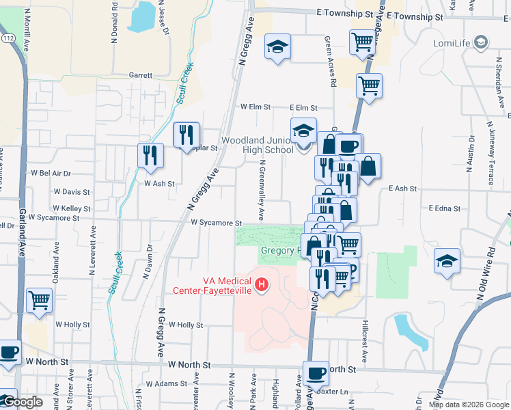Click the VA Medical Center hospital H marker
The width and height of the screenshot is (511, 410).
pyautogui.click(x=260, y=284)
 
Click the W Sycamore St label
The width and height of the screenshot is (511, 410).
pyautogui.click(x=217, y=223)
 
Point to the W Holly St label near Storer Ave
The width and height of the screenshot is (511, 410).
pyautogui.click(x=72, y=325)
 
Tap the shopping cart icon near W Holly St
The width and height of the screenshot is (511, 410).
pyautogui.click(x=40, y=299)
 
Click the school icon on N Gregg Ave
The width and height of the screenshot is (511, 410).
pyautogui.click(x=277, y=46)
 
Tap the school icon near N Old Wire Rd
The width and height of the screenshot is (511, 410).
pyautogui.click(x=447, y=261)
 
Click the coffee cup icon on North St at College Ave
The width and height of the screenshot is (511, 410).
pyautogui.click(x=316, y=373)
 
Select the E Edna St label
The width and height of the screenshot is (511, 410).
pyautogui.click(x=445, y=208)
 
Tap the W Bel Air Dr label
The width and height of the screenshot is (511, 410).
pyautogui.click(x=52, y=174)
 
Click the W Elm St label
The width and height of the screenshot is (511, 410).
pyautogui.click(x=255, y=107)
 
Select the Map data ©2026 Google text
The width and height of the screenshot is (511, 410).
pyautogui.click(x=468, y=405)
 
